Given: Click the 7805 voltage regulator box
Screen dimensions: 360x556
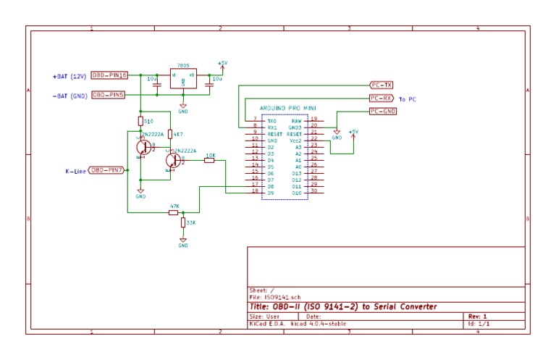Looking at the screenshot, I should coord(182,79).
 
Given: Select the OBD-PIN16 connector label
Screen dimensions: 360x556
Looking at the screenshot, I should coord(110,75).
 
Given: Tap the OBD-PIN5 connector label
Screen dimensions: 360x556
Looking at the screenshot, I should coord(109,95).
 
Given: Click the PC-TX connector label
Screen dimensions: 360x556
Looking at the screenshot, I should coord(381,85).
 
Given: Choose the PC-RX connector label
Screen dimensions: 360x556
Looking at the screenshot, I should coord(381,98).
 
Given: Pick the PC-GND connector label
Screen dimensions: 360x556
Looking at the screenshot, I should coord(383,111).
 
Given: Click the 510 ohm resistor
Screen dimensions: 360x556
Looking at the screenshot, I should coord(140,121).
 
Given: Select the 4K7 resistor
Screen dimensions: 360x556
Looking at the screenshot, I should coord(169,134).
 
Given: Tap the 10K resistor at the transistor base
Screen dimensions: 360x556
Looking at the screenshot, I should coord(209,160).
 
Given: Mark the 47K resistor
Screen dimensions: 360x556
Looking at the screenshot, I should coord(174,212).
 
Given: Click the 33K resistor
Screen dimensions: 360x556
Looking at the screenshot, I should coord(183,223).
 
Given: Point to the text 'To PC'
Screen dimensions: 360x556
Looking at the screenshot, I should coord(408,99).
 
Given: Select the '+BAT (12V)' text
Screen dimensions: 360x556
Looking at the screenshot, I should coord(69,76).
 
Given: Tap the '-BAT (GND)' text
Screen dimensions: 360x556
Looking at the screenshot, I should coord(69,96).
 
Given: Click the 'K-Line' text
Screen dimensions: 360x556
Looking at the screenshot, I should coord(75,172).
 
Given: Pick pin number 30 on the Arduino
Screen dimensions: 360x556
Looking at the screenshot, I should coord(313,192).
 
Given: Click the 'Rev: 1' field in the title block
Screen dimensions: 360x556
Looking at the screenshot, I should coord(478,317).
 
